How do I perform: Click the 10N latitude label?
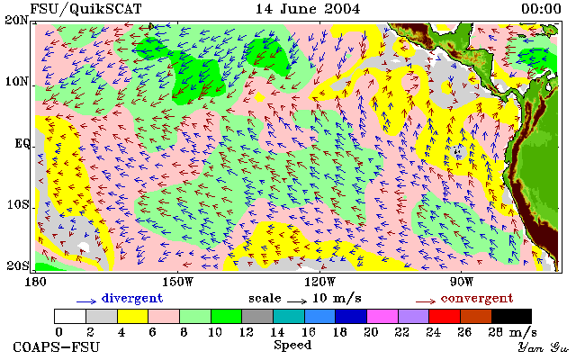click(17, 81)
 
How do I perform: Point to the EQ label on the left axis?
click(22, 144)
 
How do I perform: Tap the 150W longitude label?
click(178, 282)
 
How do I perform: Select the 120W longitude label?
click(319, 282)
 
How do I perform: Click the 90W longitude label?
click(462, 282)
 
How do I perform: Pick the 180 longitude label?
click(35, 282)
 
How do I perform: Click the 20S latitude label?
click(17, 265)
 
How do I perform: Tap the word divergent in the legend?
click(132, 298)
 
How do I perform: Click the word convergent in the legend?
click(477, 298)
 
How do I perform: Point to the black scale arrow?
click(297, 301)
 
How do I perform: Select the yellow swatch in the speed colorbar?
click(133, 317)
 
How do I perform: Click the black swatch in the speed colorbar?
click(511, 317)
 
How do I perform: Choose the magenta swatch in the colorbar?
click(382, 317)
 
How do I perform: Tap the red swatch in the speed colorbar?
click(445, 317)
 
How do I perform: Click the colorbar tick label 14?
click(277, 331)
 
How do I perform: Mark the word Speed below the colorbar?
click(292, 345)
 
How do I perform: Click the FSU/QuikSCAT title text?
click(85, 9)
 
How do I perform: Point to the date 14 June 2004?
click(308, 9)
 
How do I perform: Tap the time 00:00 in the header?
click(541, 9)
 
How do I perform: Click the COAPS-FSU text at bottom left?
click(57, 347)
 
